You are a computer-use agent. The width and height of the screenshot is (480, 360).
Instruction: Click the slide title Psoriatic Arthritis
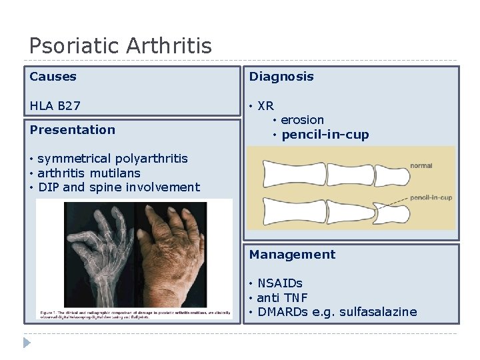[x=120, y=46]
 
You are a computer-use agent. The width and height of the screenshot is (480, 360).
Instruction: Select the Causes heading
[x=53, y=77]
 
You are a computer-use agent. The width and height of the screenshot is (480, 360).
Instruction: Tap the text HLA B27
[x=55, y=106]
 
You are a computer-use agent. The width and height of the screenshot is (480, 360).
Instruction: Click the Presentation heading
[x=72, y=130]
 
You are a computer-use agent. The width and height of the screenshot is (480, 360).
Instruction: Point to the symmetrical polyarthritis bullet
[x=112, y=159]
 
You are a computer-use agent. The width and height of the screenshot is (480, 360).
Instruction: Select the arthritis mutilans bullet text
[x=89, y=173]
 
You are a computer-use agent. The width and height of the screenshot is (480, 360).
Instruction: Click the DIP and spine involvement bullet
[x=119, y=187]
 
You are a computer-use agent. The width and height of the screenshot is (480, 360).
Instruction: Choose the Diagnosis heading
[x=281, y=77]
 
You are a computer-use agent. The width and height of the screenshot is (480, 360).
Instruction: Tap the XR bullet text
[x=265, y=106]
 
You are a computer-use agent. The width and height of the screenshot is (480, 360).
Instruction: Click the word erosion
[x=302, y=120]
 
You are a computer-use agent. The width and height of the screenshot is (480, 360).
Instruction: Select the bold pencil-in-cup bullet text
[x=325, y=135]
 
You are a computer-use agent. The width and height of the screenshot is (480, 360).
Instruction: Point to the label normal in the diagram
[x=421, y=165]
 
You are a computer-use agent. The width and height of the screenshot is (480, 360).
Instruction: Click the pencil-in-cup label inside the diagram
[x=431, y=198]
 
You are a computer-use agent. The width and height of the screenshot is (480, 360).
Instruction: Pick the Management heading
[x=292, y=255]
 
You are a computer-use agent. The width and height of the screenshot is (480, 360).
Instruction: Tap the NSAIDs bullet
[x=279, y=283]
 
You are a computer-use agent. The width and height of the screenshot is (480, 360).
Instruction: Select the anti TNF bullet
[x=282, y=298]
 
